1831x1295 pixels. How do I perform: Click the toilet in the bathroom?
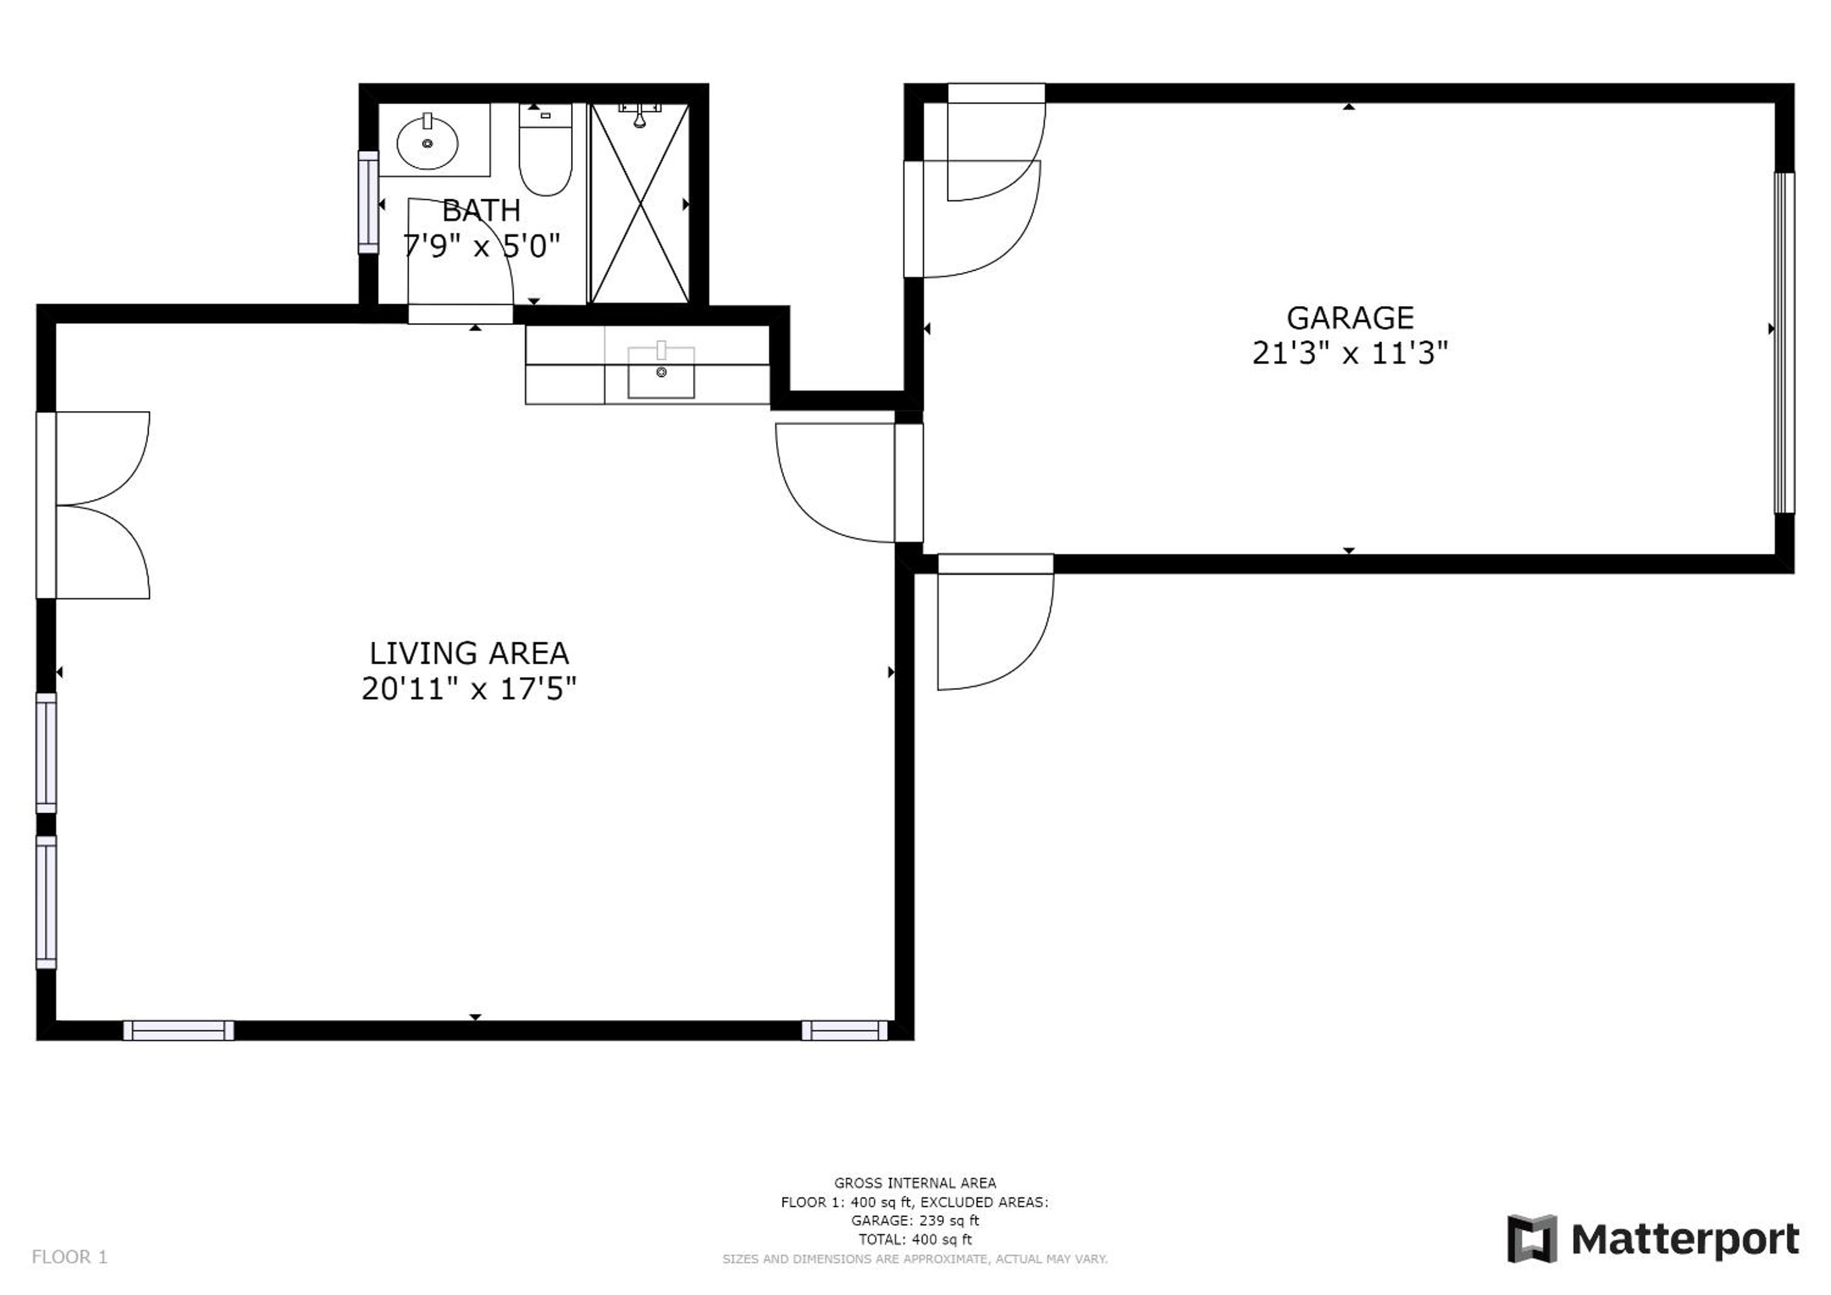tap(545, 149)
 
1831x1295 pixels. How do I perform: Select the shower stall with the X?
tap(639, 204)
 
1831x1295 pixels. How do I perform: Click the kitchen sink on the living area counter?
tap(661, 372)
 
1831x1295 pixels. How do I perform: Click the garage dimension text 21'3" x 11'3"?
tap(1349, 352)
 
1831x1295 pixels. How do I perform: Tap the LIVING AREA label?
tap(469, 653)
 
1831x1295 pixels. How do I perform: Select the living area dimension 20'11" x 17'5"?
tap(469, 688)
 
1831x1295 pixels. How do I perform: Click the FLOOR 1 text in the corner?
tap(70, 1258)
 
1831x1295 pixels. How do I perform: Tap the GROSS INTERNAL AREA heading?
tap(915, 1183)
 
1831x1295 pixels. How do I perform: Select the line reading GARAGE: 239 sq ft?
tap(915, 1221)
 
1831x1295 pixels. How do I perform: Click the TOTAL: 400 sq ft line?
tap(915, 1240)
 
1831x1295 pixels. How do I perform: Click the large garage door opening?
tap(1784, 343)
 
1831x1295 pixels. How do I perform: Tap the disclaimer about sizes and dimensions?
tap(915, 1259)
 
